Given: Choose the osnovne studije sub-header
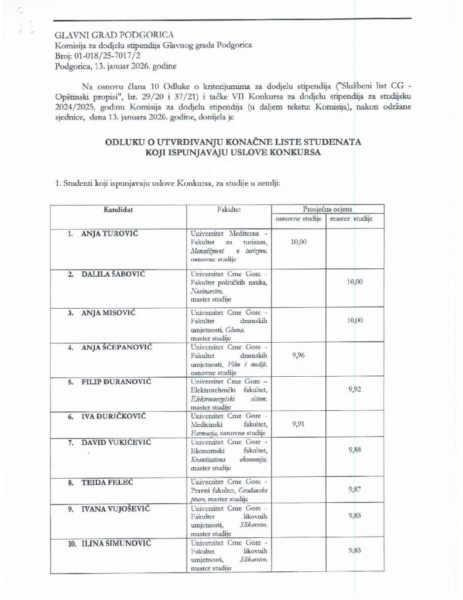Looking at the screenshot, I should (x=300, y=219).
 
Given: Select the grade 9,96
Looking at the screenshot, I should (x=299, y=354).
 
